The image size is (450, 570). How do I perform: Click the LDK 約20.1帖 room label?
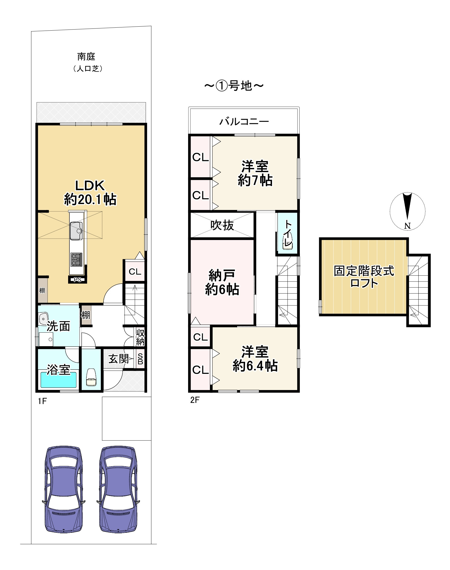coord(90,192)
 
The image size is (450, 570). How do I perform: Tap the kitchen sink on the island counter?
coord(76,231)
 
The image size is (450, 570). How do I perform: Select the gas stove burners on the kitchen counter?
coord(76,259)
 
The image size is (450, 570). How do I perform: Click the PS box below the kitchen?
coord(77,280)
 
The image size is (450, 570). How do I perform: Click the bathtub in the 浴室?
coord(59,380)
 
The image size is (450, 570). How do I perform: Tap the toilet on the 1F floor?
coord(91,377)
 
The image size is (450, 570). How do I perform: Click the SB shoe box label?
coord(140,359)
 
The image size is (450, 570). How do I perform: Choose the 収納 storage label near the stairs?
coord(140,337)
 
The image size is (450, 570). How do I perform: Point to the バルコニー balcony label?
coord(244,122)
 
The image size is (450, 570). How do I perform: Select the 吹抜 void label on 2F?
coord(222,225)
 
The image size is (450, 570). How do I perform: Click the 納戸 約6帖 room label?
coord(222,282)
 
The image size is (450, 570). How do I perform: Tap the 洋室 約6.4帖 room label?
coord(255,359)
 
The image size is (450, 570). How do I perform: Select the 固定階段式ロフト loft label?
coord(364,277)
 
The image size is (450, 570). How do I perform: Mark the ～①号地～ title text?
coord(234,86)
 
